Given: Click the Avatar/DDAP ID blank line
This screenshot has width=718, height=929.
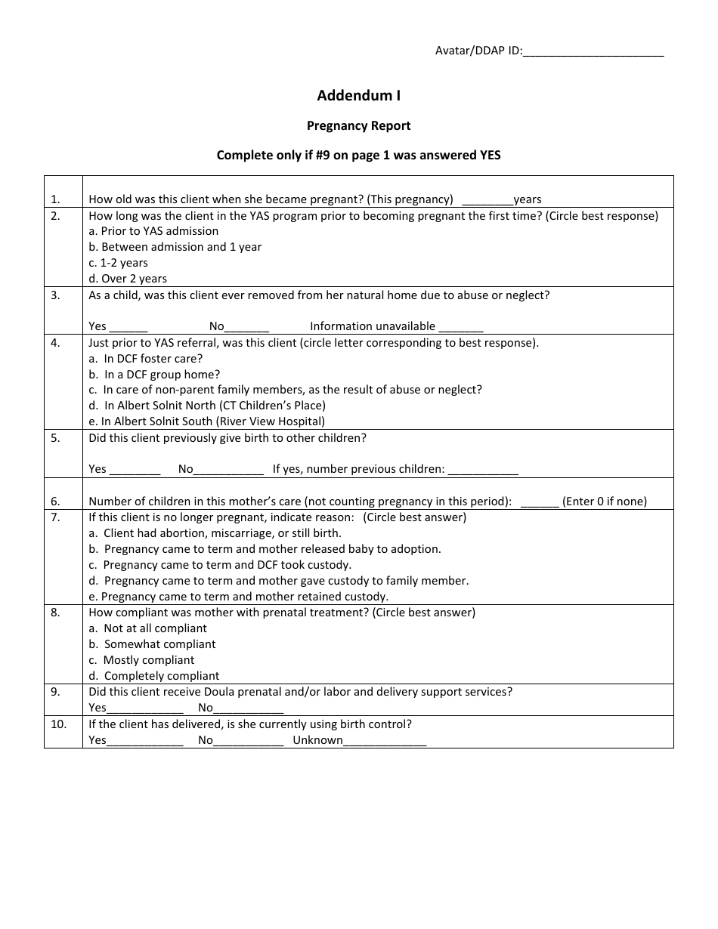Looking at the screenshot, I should tap(593, 52).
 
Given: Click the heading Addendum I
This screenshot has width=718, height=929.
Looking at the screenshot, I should tap(358, 96).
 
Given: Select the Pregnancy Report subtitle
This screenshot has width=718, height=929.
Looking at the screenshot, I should tap(358, 125).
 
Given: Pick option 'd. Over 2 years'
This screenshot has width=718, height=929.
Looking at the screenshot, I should tap(128, 279).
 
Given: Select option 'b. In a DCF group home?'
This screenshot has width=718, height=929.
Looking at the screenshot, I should tap(154, 375).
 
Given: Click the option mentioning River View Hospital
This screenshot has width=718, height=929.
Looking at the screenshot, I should tap(206, 421).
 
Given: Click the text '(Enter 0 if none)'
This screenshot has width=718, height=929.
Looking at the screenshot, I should tap(605, 502).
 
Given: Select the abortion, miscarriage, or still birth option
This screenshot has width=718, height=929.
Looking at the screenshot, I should tap(215, 533).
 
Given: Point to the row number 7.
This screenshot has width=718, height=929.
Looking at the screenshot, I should tap(55, 517).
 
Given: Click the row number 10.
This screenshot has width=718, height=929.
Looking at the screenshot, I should tap(58, 724).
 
